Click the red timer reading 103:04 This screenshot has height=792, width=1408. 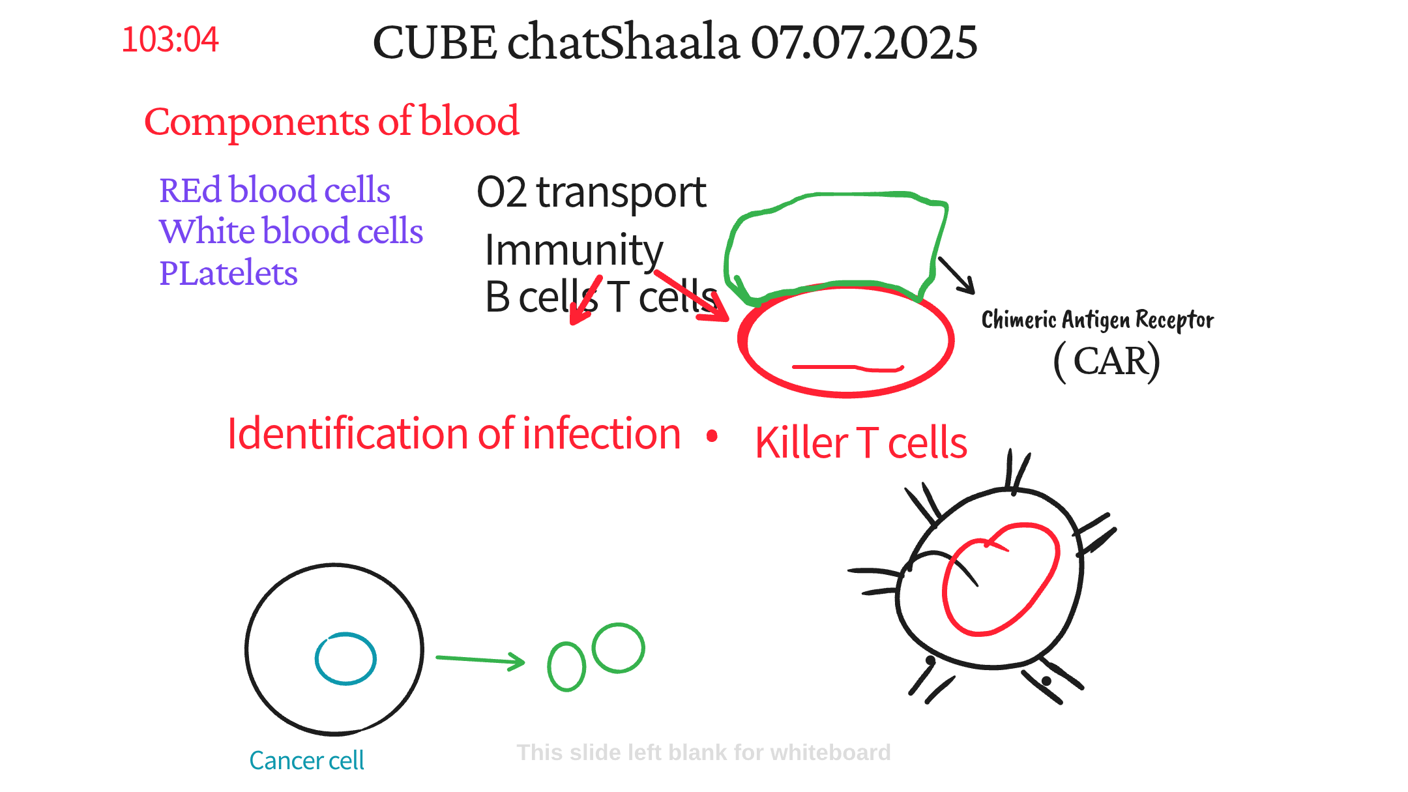pos(170,40)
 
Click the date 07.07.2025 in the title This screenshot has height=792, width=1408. pos(864,42)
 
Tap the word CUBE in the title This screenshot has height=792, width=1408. pos(434,42)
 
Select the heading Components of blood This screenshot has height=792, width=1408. pos(332,121)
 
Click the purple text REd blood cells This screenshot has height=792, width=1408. pos(274,190)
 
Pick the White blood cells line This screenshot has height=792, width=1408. pos(291,231)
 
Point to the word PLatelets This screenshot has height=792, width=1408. pos(228,273)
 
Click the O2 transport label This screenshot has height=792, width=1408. pos(591,193)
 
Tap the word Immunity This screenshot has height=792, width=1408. pos(574,251)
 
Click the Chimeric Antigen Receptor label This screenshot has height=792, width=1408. pos(1098,320)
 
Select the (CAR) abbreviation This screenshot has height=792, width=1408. pos(1107,362)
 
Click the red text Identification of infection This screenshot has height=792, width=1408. pos(454,434)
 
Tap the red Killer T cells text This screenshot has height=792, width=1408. pos(861,443)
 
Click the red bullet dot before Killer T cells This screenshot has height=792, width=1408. pos(712,436)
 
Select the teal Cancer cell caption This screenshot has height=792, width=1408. pos(306,761)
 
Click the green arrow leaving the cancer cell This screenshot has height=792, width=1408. pos(480,660)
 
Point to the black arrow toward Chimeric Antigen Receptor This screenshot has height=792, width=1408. pos(956,275)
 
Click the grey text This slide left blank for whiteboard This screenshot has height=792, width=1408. pos(703,753)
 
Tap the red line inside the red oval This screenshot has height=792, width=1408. pos(847,368)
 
